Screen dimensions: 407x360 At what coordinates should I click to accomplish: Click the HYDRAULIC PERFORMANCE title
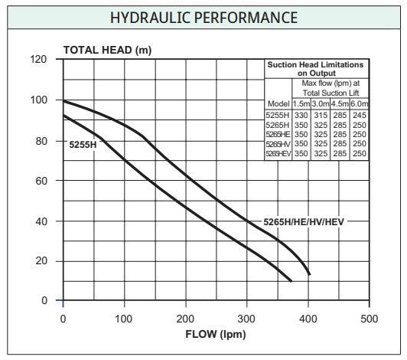coord(203,18)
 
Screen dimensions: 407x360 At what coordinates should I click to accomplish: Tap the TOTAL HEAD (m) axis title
coord(107,50)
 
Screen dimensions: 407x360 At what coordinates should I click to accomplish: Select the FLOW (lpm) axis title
coord(216,334)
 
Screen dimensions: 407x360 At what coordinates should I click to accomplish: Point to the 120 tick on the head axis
coord(38,59)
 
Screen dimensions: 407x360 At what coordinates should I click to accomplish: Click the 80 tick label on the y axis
coord(41,141)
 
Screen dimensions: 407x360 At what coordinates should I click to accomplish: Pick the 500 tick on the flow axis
coord(369,319)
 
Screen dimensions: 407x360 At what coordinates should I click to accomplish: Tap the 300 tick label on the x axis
coord(246,319)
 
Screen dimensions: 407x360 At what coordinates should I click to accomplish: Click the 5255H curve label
coord(83,145)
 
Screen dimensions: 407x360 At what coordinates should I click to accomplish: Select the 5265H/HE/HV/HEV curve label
coord(304,222)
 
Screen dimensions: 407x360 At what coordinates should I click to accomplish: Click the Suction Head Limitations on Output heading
coord(316,69)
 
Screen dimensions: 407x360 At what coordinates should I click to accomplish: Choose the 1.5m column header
coord(301,103)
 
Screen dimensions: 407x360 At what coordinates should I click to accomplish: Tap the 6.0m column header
coord(360,103)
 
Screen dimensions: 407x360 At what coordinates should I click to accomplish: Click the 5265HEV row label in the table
coord(278,154)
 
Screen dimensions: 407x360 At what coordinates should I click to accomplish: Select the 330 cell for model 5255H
coord(301,115)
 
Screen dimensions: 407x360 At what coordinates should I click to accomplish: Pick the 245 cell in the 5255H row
coord(360,115)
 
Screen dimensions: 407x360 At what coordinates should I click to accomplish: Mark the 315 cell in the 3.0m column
coord(321,115)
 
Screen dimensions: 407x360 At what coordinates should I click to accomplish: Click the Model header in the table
coord(278,103)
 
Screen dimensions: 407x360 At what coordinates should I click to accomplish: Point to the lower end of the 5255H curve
coord(291,281)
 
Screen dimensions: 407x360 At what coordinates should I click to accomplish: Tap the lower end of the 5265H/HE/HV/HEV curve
coord(309,274)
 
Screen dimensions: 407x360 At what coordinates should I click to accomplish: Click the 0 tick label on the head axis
coord(44,300)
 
